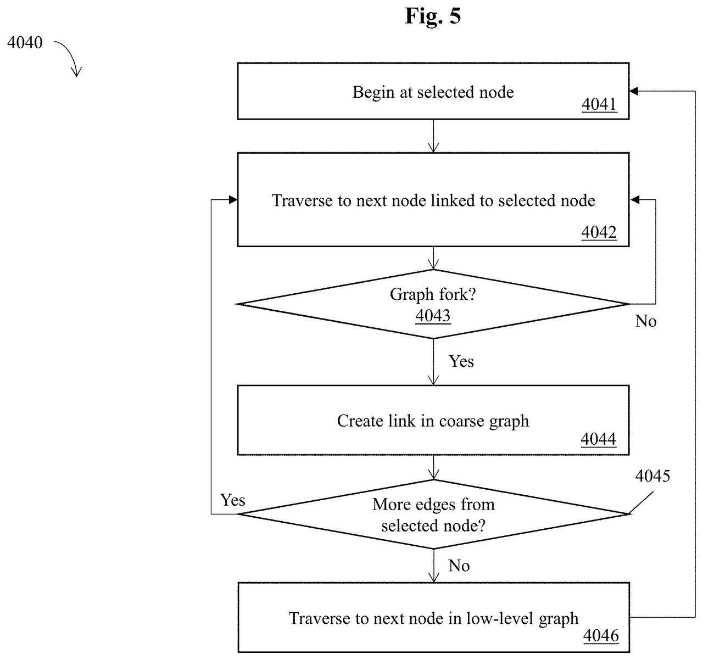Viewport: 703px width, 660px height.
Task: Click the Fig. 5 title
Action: [x=433, y=16]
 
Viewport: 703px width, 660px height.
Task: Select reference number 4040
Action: [x=25, y=42]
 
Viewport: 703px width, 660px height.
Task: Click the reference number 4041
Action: [x=599, y=104]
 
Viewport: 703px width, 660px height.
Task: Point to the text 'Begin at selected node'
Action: [x=433, y=92]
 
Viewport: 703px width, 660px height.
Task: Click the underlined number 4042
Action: [x=599, y=232]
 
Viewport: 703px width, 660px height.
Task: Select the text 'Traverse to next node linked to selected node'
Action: [x=433, y=200]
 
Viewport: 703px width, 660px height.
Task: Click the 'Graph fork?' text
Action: [x=433, y=294]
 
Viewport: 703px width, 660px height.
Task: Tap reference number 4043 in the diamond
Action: [x=433, y=315]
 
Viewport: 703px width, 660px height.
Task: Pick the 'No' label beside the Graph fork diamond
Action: [x=646, y=321]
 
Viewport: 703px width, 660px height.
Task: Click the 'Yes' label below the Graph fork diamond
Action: [x=461, y=361]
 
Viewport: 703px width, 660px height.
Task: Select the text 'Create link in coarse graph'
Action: [x=433, y=421]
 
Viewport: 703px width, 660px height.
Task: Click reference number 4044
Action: [x=599, y=439]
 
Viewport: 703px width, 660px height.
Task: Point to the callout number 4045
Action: [x=652, y=476]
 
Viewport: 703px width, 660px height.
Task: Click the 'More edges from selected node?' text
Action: [x=434, y=515]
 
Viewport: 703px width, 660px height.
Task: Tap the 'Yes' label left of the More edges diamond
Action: [x=232, y=500]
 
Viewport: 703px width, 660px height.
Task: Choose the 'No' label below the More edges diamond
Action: [x=459, y=566]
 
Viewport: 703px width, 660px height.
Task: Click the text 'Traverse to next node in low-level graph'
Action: [x=434, y=619]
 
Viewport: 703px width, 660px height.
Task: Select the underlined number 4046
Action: [x=601, y=636]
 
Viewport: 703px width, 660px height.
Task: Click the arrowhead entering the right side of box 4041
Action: [x=634, y=91]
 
